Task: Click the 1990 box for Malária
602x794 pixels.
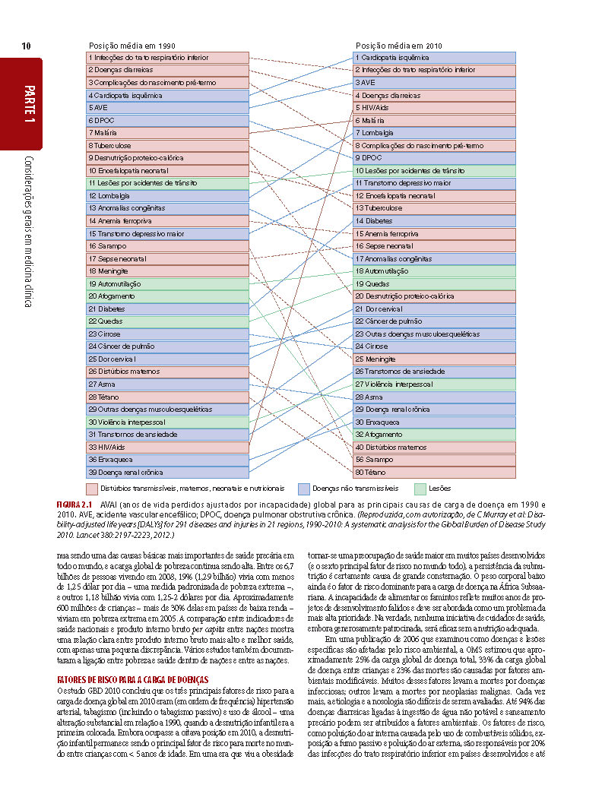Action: (x=168, y=133)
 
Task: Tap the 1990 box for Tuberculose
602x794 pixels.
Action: (x=168, y=145)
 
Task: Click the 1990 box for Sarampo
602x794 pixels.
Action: (x=168, y=246)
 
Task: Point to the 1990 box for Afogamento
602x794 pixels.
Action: (x=168, y=296)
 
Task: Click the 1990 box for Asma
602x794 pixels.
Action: (x=168, y=384)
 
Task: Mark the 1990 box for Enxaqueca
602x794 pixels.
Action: (x=168, y=460)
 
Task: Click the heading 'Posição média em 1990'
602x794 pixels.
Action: (x=132, y=46)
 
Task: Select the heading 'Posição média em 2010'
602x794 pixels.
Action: (x=399, y=46)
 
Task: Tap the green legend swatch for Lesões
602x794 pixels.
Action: (x=420, y=489)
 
